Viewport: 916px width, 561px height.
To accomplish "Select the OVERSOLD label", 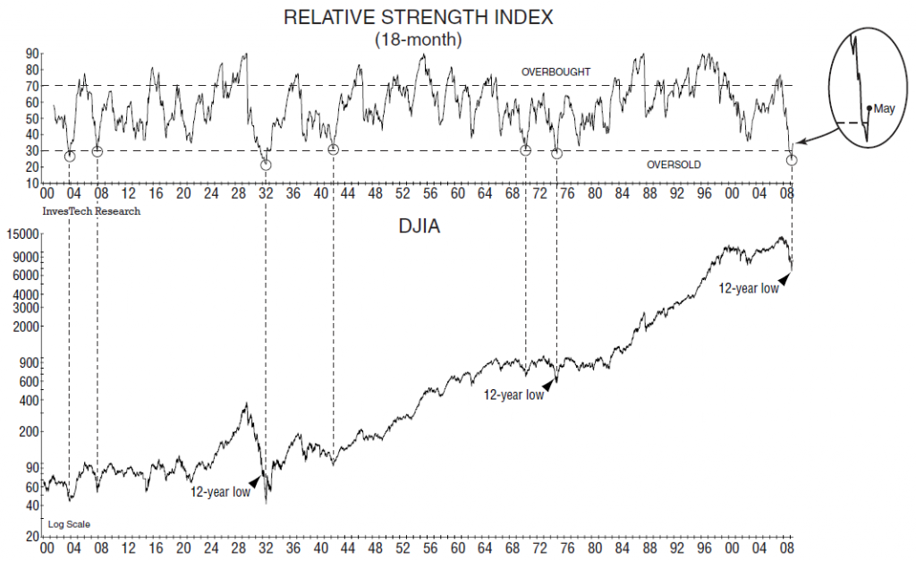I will (673, 166).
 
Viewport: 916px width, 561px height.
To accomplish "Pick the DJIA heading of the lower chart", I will (418, 228).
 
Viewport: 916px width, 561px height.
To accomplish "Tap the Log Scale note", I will (69, 523).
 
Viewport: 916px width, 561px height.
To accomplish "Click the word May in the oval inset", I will (884, 108).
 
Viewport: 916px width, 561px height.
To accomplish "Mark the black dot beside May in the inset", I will (869, 108).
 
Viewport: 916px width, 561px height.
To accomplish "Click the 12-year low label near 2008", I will (748, 288).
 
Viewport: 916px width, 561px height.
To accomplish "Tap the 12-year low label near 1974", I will (513, 394).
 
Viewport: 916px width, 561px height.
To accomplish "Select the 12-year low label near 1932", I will (220, 491).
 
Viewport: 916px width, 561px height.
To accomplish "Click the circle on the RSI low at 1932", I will (266, 165).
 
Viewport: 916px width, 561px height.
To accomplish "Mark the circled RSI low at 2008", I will (792, 159).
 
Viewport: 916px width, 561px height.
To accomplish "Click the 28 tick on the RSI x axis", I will (238, 194).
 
